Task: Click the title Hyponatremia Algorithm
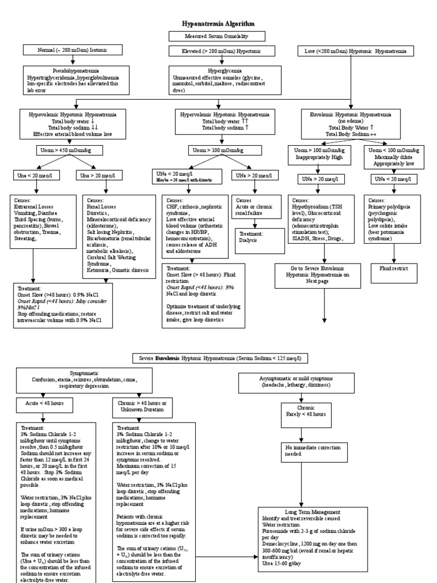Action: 218,23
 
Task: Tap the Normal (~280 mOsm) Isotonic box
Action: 72,51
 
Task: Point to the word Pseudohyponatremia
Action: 72,70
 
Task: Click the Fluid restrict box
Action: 393,267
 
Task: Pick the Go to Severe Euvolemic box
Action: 323,273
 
